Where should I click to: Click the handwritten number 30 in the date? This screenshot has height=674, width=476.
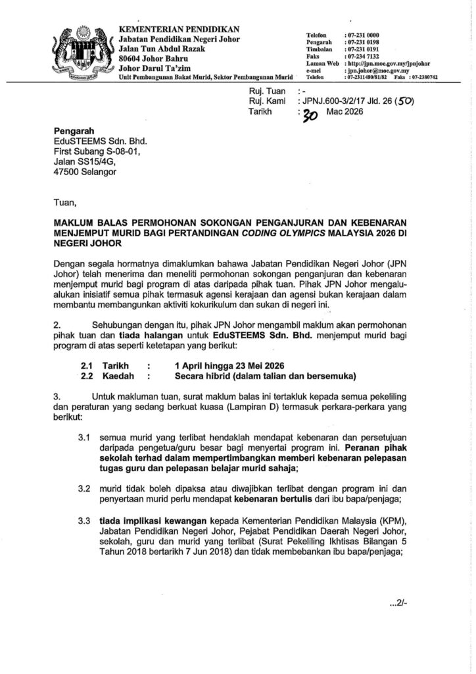pyautogui.click(x=309, y=116)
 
